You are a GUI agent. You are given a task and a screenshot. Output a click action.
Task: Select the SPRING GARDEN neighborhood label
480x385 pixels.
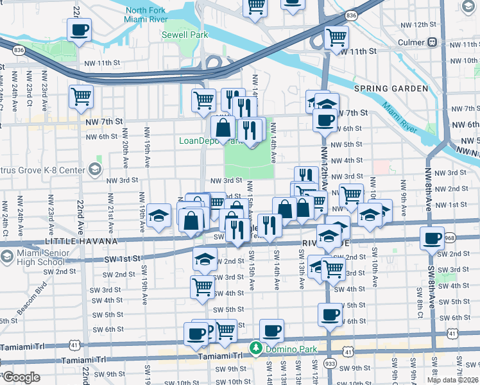pyautogui.click(x=390, y=88)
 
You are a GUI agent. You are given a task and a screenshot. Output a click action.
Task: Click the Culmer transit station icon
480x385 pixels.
pyautogui.click(x=433, y=42)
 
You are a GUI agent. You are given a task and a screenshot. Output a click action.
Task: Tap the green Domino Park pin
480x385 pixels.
pyautogui.click(x=256, y=348)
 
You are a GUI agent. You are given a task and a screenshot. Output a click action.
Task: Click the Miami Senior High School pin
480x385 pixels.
pyautogui.click(x=7, y=258)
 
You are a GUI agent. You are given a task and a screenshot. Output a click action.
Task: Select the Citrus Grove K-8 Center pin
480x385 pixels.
pyautogui.click(x=95, y=169)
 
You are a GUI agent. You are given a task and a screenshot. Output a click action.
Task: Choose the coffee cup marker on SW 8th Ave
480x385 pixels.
pyautogui.click(x=431, y=239)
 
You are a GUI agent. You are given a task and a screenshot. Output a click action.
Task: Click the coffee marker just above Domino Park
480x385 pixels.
pyautogui.click(x=271, y=330)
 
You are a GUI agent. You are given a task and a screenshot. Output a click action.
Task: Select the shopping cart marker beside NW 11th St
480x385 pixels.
pyautogui.click(x=336, y=38)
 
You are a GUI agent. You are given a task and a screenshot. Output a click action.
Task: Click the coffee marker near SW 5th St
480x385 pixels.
pyautogui.click(x=330, y=314)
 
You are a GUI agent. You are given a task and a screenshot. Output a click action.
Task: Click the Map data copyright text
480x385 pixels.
pyautogui.click(x=452, y=380)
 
